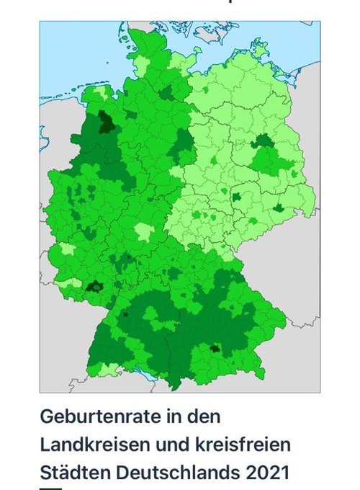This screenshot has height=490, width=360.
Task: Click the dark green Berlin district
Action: pyautogui.click(x=263, y=140)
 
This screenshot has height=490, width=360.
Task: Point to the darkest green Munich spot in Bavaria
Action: pyautogui.click(x=214, y=349)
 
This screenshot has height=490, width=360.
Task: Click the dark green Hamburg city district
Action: pyautogui.click(x=166, y=92)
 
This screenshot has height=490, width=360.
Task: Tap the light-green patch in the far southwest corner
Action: pyautogui.click(x=105, y=370)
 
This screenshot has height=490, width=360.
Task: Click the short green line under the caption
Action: pyautogui.click(x=51, y=489)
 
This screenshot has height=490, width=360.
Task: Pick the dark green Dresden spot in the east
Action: pyautogui.click(x=278, y=208)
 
